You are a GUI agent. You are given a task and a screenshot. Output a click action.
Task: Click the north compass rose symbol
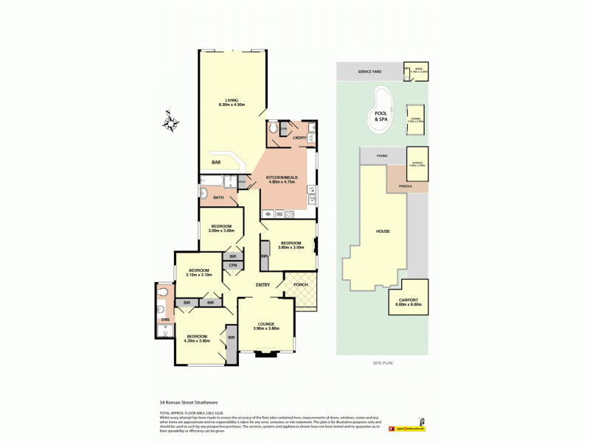tap(170, 122)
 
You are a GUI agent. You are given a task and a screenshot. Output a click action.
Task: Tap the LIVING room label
tap(232, 100)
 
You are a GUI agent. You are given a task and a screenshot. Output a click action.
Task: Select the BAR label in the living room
tap(217, 162)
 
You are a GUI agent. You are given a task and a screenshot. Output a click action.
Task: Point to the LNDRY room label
tap(299, 137)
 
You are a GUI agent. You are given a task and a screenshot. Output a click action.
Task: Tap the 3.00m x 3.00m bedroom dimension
tap(222, 231)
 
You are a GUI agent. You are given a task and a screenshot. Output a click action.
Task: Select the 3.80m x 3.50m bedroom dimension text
tap(290, 248)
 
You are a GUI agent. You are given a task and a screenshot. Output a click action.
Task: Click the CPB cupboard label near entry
tap(232, 265)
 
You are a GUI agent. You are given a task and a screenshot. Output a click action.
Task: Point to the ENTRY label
tap(263, 285)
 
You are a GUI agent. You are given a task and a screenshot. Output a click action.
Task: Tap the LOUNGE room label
tap(266, 324)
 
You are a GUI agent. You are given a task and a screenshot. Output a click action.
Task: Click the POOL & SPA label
tap(381, 116)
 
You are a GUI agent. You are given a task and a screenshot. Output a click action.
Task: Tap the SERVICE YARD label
tap(369, 71)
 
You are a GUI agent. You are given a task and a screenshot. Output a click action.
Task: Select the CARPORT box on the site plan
tap(409, 298)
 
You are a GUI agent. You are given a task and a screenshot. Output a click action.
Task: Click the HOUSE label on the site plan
tap(383, 231)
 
